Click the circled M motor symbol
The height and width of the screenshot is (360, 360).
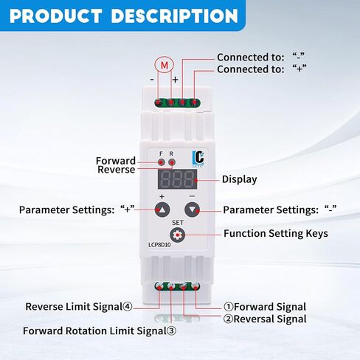165,65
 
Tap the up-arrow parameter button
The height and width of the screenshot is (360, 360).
162,210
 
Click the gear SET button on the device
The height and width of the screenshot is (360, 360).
177,235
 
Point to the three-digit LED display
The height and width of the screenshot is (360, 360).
177,179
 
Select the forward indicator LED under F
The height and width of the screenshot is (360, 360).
162,162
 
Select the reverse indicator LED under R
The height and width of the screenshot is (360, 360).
172,162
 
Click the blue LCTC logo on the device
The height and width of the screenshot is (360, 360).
198,159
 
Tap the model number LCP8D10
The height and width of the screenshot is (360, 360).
159,245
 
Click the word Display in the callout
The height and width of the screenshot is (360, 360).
239,179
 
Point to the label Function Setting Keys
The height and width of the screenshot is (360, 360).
276,234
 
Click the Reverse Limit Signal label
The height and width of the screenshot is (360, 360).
79,307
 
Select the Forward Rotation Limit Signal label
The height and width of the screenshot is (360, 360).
100,330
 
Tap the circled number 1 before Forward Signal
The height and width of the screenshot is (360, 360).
229,307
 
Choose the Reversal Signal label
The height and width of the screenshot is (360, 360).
270,319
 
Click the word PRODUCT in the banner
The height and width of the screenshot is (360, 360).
56,16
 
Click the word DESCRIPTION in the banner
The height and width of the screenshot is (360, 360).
174,16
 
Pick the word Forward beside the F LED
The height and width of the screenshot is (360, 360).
116,161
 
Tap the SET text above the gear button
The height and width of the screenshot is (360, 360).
178,223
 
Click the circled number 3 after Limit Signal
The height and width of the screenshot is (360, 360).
172,331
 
